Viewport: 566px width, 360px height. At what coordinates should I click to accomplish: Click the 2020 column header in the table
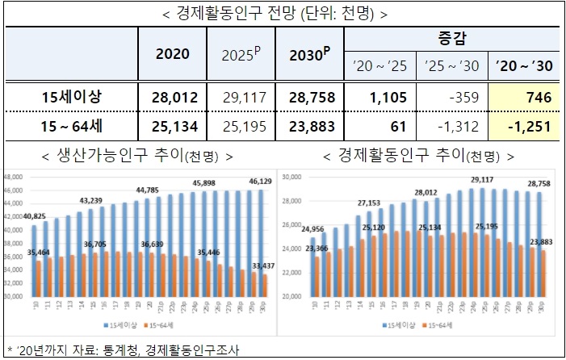[171, 54]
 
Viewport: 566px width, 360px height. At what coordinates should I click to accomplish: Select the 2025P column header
[241, 54]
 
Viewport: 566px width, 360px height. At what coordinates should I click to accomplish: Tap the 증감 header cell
[451, 38]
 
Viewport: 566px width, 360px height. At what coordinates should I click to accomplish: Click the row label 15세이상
[72, 98]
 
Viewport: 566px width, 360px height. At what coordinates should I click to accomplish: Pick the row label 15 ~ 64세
[72, 127]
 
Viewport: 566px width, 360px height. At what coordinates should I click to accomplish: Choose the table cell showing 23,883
[311, 127]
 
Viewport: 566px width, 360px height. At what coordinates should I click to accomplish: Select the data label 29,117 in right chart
[481, 180]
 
